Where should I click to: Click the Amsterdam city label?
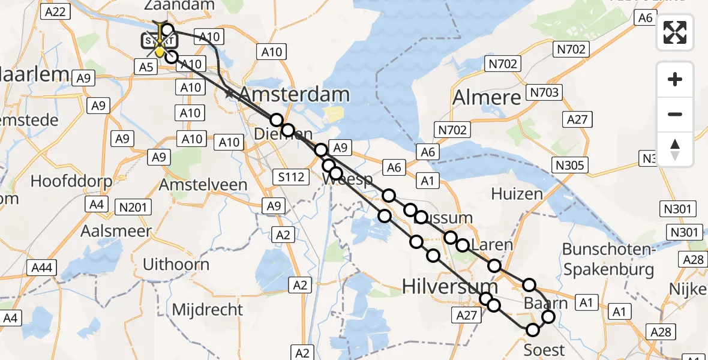point(295,94)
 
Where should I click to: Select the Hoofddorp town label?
point(67,181)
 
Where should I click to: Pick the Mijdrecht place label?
point(208,310)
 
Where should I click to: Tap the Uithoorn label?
point(176,264)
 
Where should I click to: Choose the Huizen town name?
point(517,193)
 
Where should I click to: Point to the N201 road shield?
point(133,207)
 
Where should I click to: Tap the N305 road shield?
point(571,165)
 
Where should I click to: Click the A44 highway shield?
point(41,268)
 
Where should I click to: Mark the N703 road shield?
point(545,92)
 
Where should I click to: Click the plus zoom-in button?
point(675,79)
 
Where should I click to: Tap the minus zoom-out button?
point(675,114)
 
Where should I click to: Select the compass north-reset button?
point(675,149)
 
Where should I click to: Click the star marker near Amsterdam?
point(229,94)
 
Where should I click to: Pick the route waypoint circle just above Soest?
point(533,329)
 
